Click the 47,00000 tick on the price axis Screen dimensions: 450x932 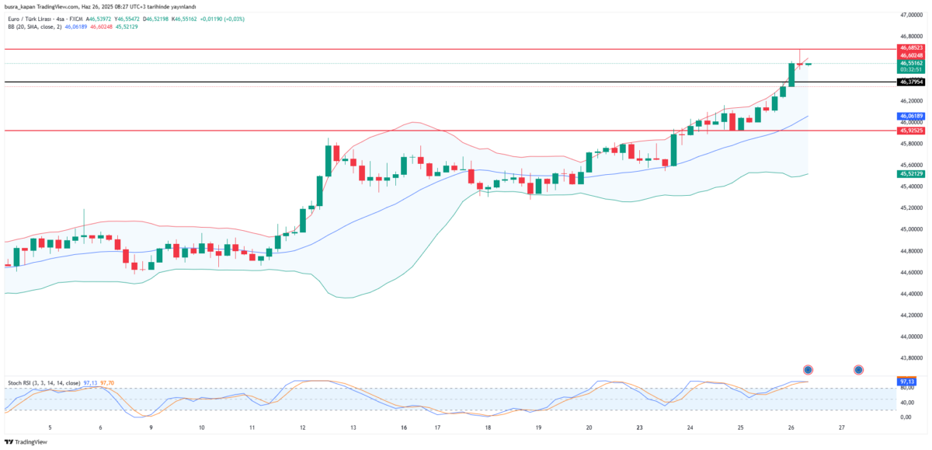click(x=911, y=15)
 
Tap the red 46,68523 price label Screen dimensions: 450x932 click(x=911, y=48)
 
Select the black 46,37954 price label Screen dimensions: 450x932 click(x=911, y=82)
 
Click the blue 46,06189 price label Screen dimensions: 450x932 click(x=911, y=116)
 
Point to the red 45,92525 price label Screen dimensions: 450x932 click(x=911, y=131)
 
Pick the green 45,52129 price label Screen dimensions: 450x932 click(x=911, y=174)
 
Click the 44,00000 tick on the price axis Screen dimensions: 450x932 click(x=911, y=337)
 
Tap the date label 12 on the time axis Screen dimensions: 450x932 click(x=303, y=427)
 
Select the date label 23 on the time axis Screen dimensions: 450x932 click(x=639, y=427)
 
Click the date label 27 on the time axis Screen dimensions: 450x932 click(x=842, y=427)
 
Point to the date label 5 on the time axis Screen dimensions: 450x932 click(x=50, y=427)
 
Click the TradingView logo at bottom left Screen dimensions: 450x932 click(x=26, y=441)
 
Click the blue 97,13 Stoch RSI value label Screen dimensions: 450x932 click(x=906, y=382)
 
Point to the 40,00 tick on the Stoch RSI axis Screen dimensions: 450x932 click(x=906, y=403)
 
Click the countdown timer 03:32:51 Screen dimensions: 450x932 click(x=911, y=70)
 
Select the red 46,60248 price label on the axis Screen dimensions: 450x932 click(x=911, y=55)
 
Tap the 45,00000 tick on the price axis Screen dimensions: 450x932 click(x=911, y=229)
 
